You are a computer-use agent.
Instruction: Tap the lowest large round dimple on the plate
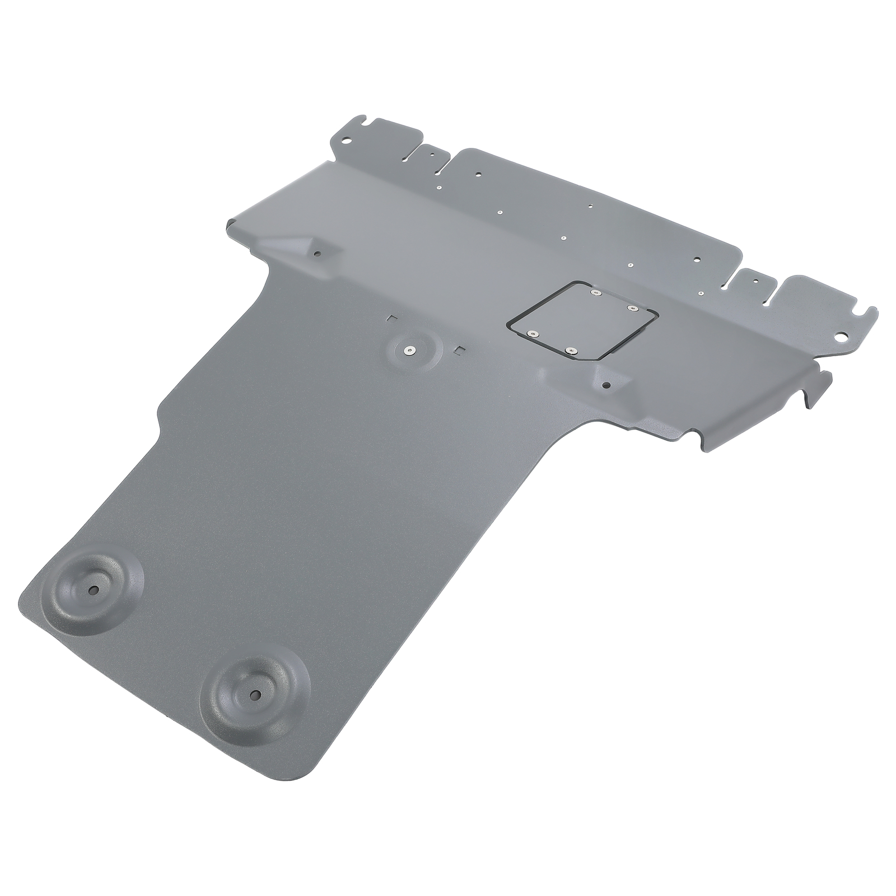click(x=257, y=694)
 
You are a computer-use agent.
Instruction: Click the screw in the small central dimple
click(x=411, y=351)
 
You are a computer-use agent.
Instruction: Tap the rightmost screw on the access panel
click(x=633, y=307)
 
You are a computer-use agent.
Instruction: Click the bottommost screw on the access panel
click(x=570, y=351)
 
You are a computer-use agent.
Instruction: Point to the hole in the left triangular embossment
click(x=317, y=253)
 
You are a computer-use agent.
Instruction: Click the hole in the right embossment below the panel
click(x=606, y=385)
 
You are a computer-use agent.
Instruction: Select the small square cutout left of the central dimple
click(x=391, y=318)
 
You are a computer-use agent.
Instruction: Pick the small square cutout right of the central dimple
click(x=461, y=351)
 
